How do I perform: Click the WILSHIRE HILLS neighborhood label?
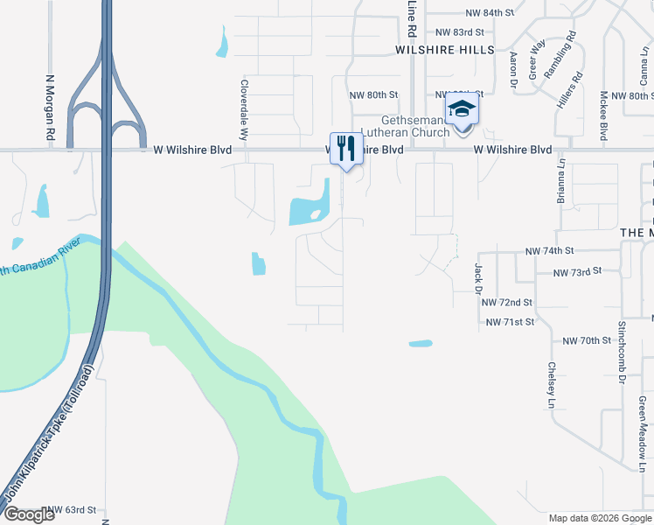coord(444,50)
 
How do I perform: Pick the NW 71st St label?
coord(510,323)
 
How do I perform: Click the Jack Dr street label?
coord(478,277)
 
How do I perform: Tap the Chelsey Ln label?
coord(552,385)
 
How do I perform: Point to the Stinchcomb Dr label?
coord(622,351)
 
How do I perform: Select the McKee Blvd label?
coord(603,115)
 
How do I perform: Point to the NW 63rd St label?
coord(72,509)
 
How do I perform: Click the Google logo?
coord(29,515)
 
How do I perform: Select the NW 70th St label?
coord(586,340)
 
